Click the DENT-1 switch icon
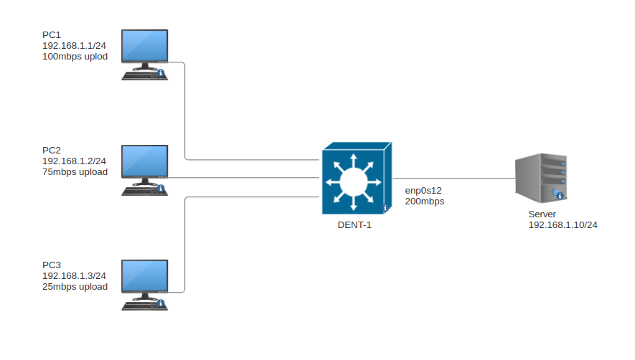354,179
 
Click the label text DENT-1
354,224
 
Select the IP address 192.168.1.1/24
74,45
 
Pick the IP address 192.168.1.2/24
74,161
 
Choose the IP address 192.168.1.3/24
74,275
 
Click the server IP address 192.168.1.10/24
563,224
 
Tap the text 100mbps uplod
75,56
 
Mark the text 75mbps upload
75,171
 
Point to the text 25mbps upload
75,286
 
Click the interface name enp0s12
423,190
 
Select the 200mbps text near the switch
425,202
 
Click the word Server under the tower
542,214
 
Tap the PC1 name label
52,34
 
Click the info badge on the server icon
559,195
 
